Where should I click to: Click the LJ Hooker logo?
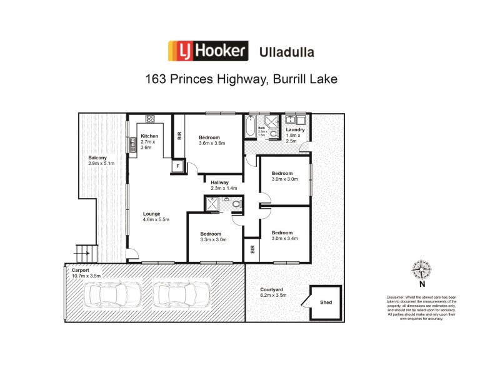click(x=207, y=51)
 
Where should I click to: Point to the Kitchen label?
click(x=149, y=136)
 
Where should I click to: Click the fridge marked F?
click(x=178, y=166)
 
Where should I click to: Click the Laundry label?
click(x=295, y=130)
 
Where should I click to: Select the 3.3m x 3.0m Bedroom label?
click(x=212, y=236)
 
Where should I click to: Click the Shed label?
click(x=326, y=302)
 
